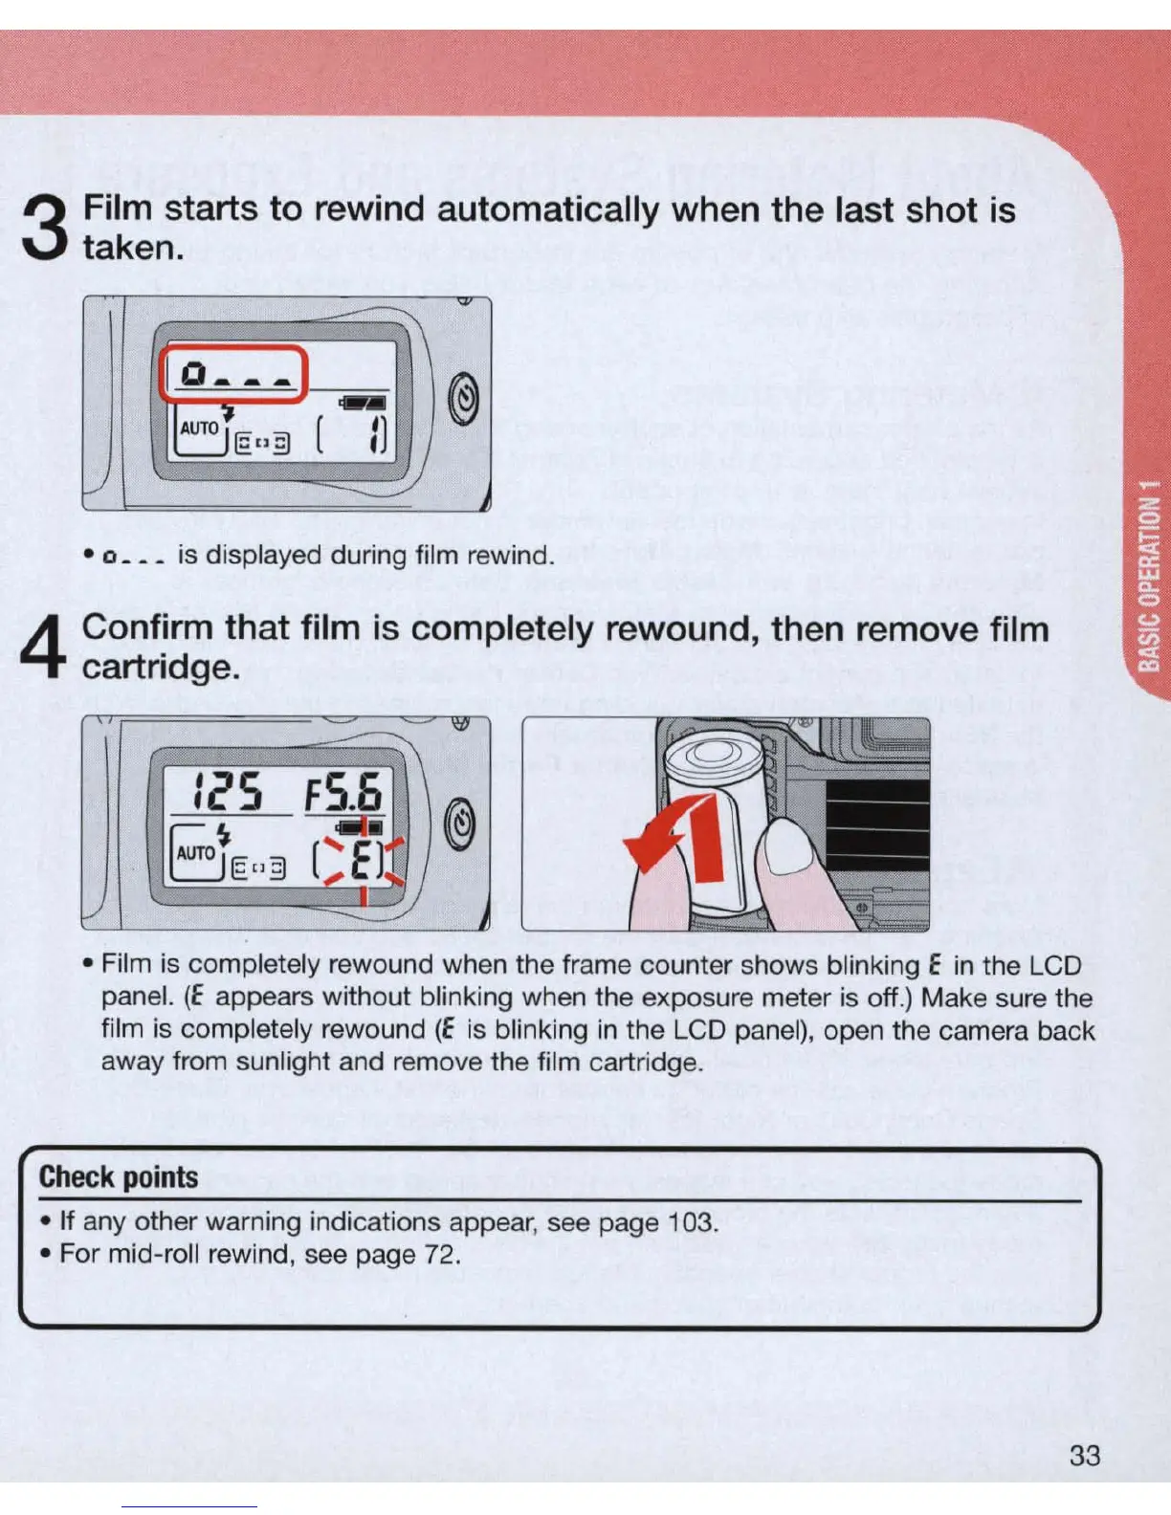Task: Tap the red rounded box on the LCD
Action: (x=232, y=373)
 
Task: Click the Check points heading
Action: (x=119, y=1176)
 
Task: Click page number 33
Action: (x=1085, y=1456)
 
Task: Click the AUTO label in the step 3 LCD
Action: (x=199, y=428)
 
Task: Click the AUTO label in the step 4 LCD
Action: (x=195, y=852)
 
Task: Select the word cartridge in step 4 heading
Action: (x=160, y=667)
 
